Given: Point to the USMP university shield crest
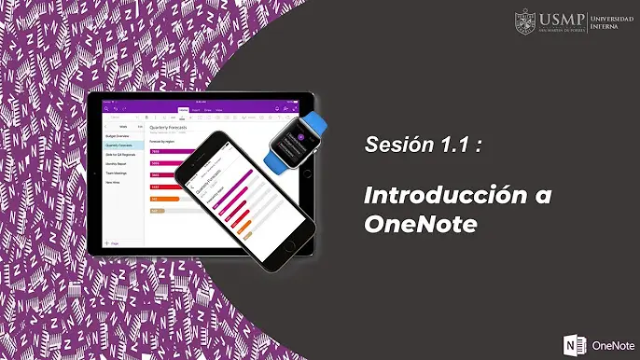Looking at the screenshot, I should (524, 21).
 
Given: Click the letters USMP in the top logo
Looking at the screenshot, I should (559, 18).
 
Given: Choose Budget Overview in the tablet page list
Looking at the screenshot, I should (118, 136).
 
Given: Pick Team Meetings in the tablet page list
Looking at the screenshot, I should (118, 173).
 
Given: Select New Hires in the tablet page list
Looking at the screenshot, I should (114, 183).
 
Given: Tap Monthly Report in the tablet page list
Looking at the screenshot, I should (118, 163).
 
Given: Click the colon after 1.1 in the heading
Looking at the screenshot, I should (478, 146).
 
